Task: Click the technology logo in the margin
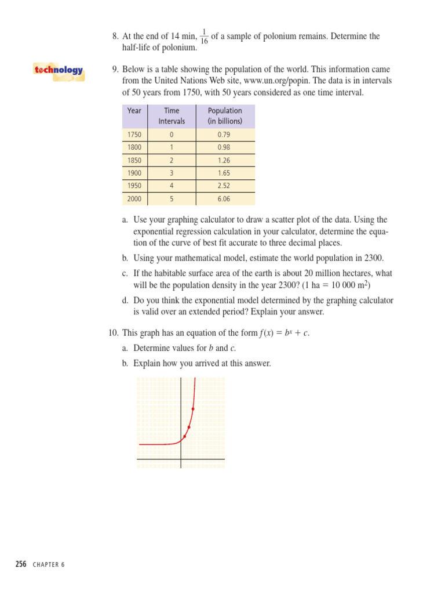59,71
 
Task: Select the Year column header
134,111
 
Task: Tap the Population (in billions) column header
225,116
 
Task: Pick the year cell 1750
134,135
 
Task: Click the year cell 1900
134,173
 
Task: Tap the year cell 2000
134,198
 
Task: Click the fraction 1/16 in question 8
204,37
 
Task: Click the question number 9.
115,70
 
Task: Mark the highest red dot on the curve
192,410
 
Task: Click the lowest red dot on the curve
185,436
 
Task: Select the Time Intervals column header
172,116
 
